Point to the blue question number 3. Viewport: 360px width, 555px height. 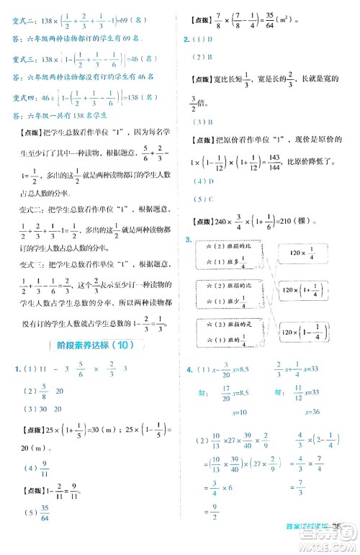pyautogui.click(x=188, y=240)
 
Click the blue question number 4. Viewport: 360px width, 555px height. pyautogui.click(x=188, y=369)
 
